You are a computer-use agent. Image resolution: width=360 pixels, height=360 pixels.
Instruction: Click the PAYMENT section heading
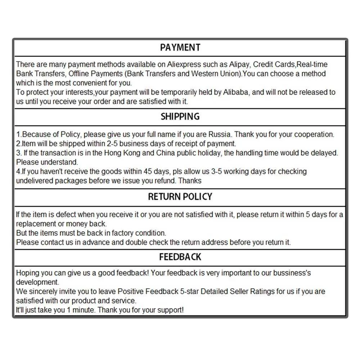pos(180,48)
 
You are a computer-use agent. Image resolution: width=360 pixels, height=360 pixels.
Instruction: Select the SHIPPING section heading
pos(180,117)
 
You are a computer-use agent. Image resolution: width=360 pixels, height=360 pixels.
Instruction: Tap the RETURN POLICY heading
pos(180,197)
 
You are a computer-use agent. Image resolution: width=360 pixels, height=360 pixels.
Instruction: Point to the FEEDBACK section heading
pos(180,257)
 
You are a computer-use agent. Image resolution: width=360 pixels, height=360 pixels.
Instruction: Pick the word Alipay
pos(239,64)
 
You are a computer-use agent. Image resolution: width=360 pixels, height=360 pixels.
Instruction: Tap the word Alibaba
pos(236,92)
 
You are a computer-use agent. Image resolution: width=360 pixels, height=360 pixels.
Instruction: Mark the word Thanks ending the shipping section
pos(190,181)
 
